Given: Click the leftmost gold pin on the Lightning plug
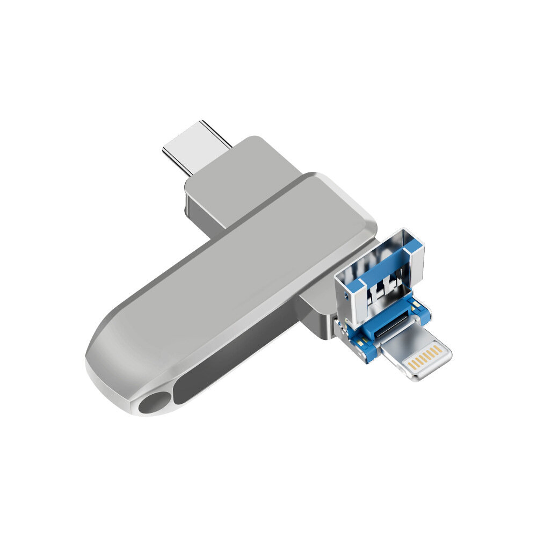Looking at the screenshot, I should coord(410,365).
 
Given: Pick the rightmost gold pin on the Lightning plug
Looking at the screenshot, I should coord(440,349).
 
